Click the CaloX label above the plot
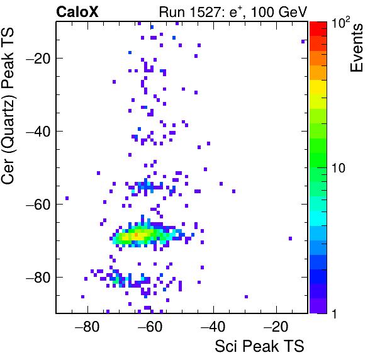[77, 12]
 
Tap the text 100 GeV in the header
[279, 12]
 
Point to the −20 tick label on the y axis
[38, 59]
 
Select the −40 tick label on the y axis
[38, 132]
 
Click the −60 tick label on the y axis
[38, 205]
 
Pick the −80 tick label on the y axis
[38, 277]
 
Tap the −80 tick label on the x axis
[87, 327]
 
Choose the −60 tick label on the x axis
[150, 327]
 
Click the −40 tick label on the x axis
[213, 327]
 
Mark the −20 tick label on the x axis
[276, 327]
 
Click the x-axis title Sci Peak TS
[259, 346]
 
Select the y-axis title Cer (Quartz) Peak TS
[8, 106]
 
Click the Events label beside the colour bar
[356, 48]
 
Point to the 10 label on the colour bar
[339, 168]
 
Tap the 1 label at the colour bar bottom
[334, 313]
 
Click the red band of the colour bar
[318, 29]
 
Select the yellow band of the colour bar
[318, 87]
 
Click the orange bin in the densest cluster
[136, 235]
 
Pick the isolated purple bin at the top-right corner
[303, 42]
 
